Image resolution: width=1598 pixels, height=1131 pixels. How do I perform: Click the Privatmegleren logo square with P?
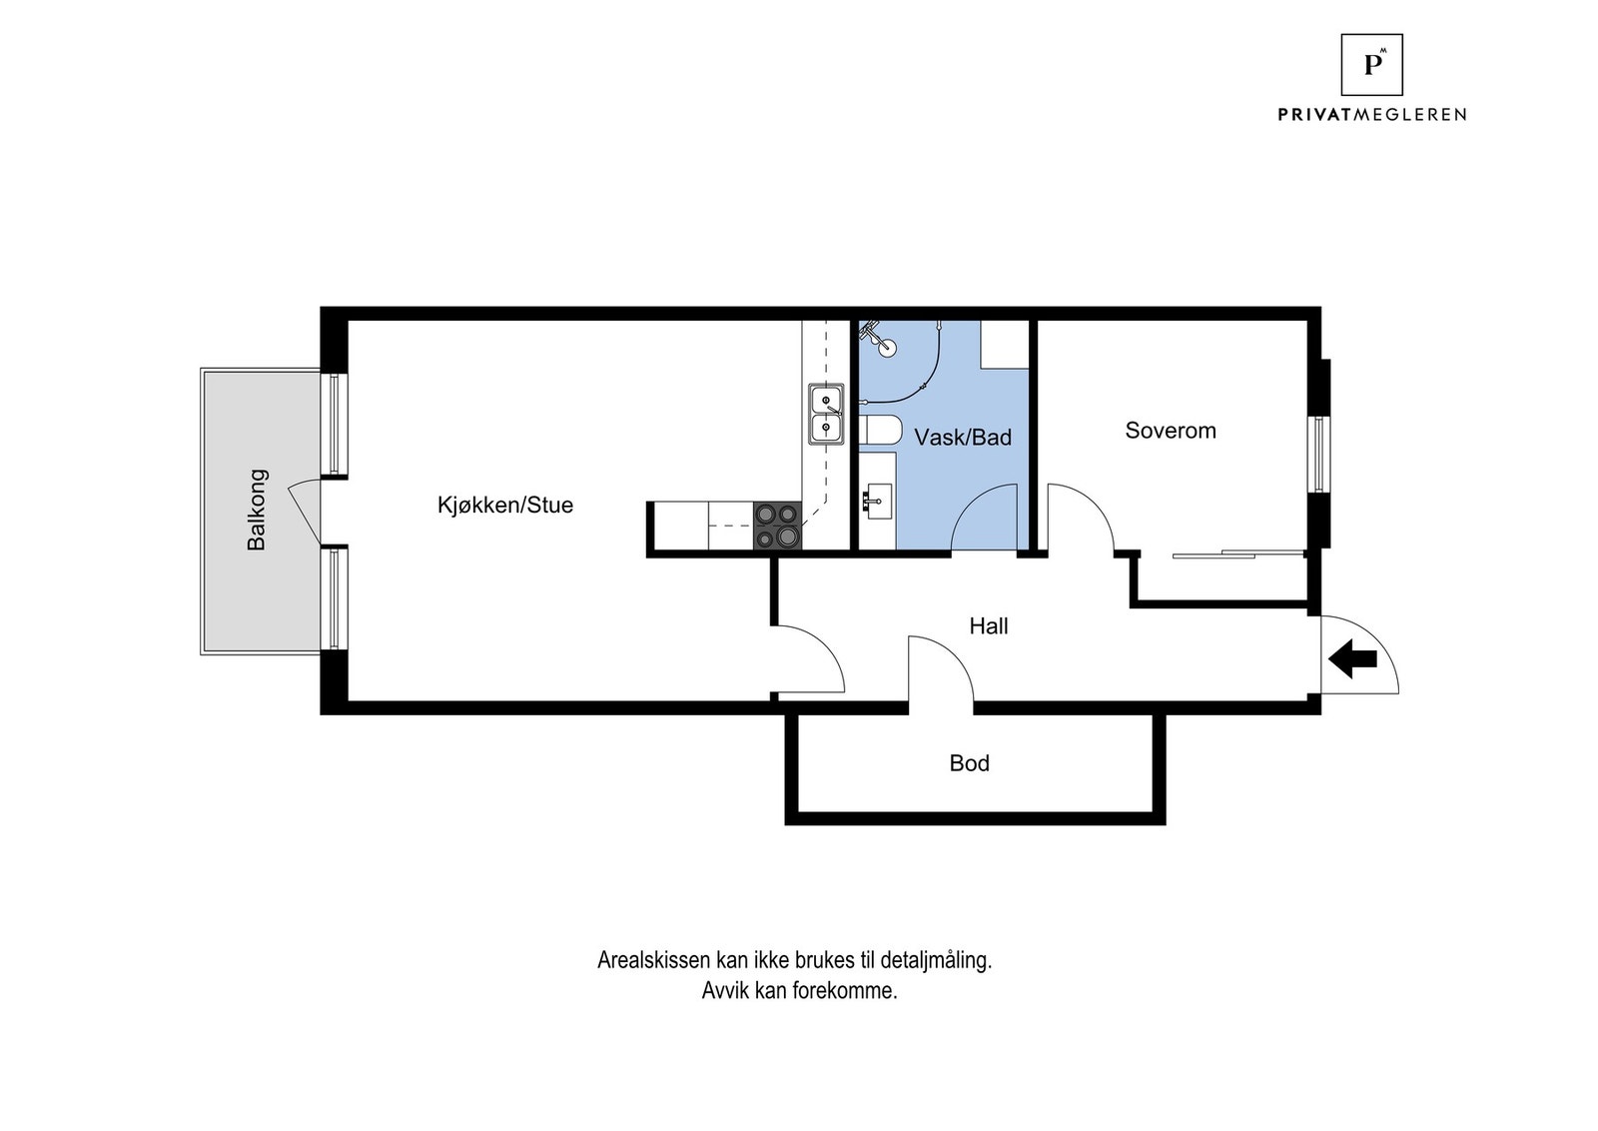point(1371,64)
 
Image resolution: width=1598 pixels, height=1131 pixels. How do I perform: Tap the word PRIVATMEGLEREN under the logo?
point(1371,115)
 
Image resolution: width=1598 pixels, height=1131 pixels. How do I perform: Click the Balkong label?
point(258,510)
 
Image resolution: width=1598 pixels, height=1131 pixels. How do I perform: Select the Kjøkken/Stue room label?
point(505,505)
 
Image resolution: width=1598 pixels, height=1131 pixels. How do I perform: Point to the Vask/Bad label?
point(963,437)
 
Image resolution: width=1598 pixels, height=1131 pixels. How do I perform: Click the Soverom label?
point(1171,431)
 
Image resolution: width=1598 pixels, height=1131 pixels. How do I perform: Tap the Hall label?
point(989,626)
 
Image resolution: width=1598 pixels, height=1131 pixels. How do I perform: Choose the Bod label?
point(969,763)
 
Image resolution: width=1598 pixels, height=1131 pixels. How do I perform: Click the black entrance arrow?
point(1353,658)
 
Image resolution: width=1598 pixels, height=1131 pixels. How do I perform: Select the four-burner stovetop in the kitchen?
point(777,526)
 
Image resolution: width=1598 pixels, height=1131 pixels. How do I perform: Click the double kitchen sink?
point(826,415)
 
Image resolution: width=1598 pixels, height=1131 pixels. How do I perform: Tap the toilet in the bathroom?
point(880,431)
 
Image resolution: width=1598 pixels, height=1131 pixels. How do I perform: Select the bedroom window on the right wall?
point(1317,455)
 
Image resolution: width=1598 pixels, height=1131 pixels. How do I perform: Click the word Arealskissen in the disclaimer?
point(653,961)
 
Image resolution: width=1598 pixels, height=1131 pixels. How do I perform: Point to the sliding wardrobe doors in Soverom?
point(1238,554)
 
